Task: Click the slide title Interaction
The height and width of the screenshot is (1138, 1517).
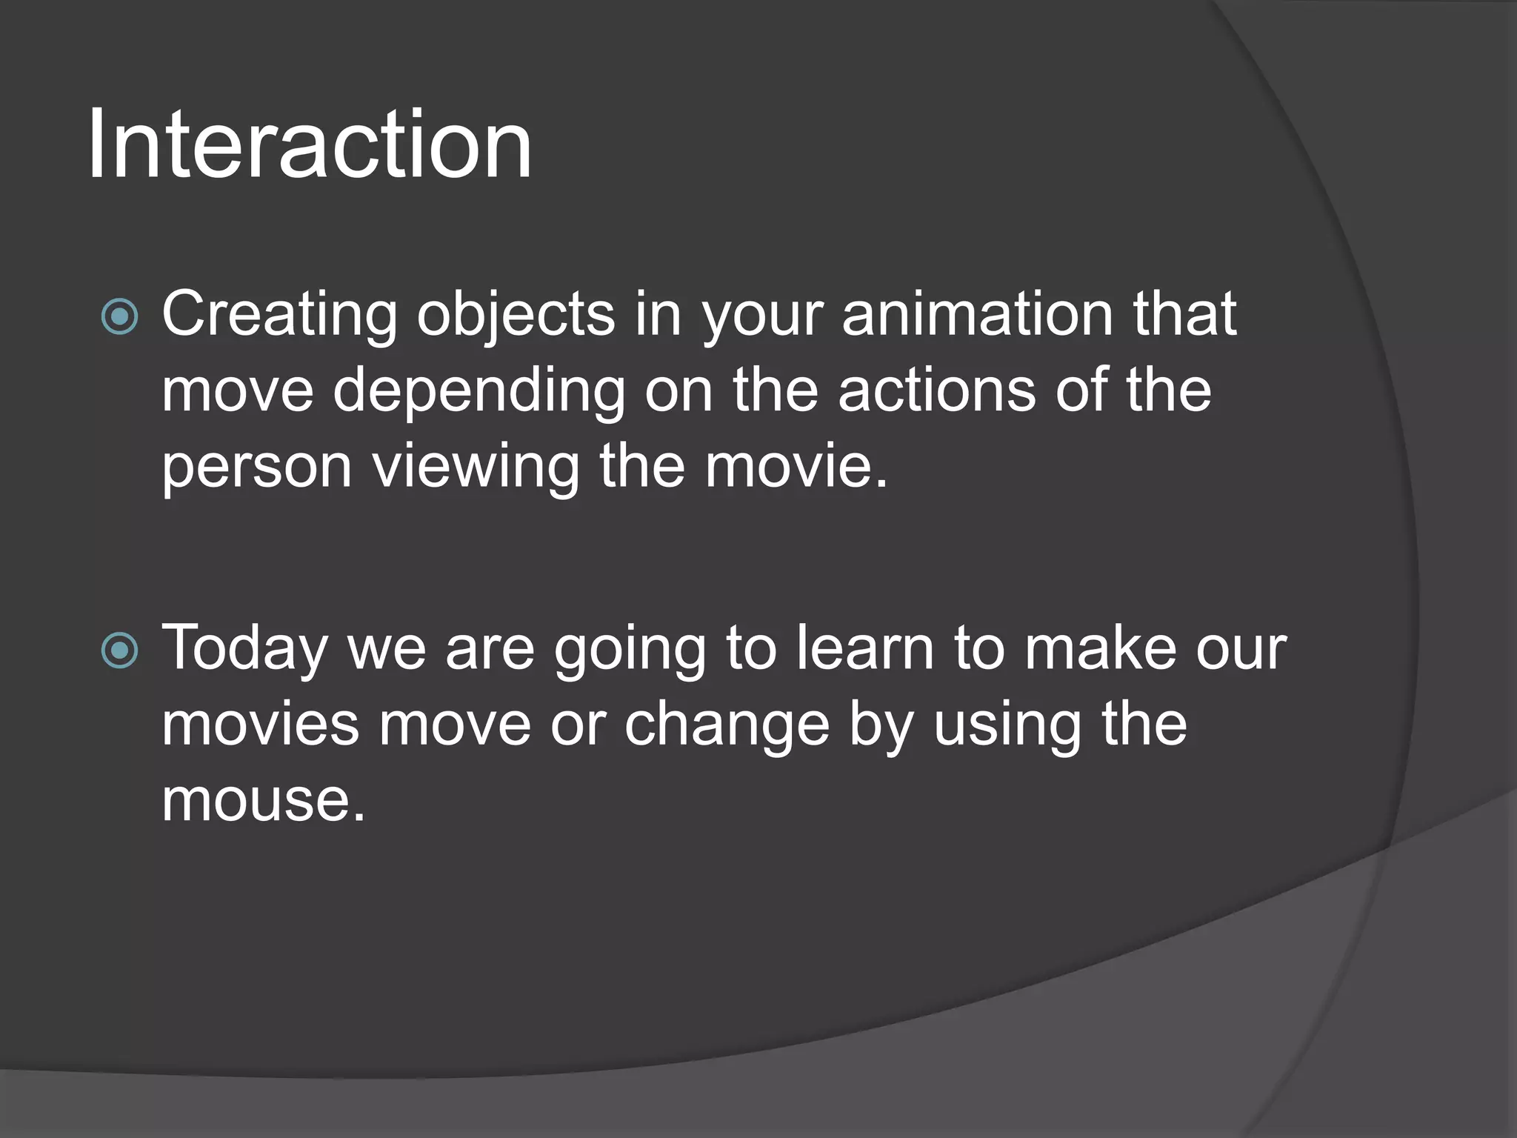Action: (x=309, y=144)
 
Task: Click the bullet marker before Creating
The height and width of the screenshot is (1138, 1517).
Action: (x=119, y=317)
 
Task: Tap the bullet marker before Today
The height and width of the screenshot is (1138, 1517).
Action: (x=119, y=651)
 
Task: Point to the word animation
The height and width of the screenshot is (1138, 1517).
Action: (x=977, y=314)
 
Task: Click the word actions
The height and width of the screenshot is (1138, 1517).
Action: (x=936, y=390)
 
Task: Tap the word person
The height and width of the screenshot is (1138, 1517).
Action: (x=256, y=469)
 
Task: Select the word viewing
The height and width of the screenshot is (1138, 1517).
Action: (x=476, y=469)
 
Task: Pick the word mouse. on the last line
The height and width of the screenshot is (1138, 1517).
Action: (x=263, y=802)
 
